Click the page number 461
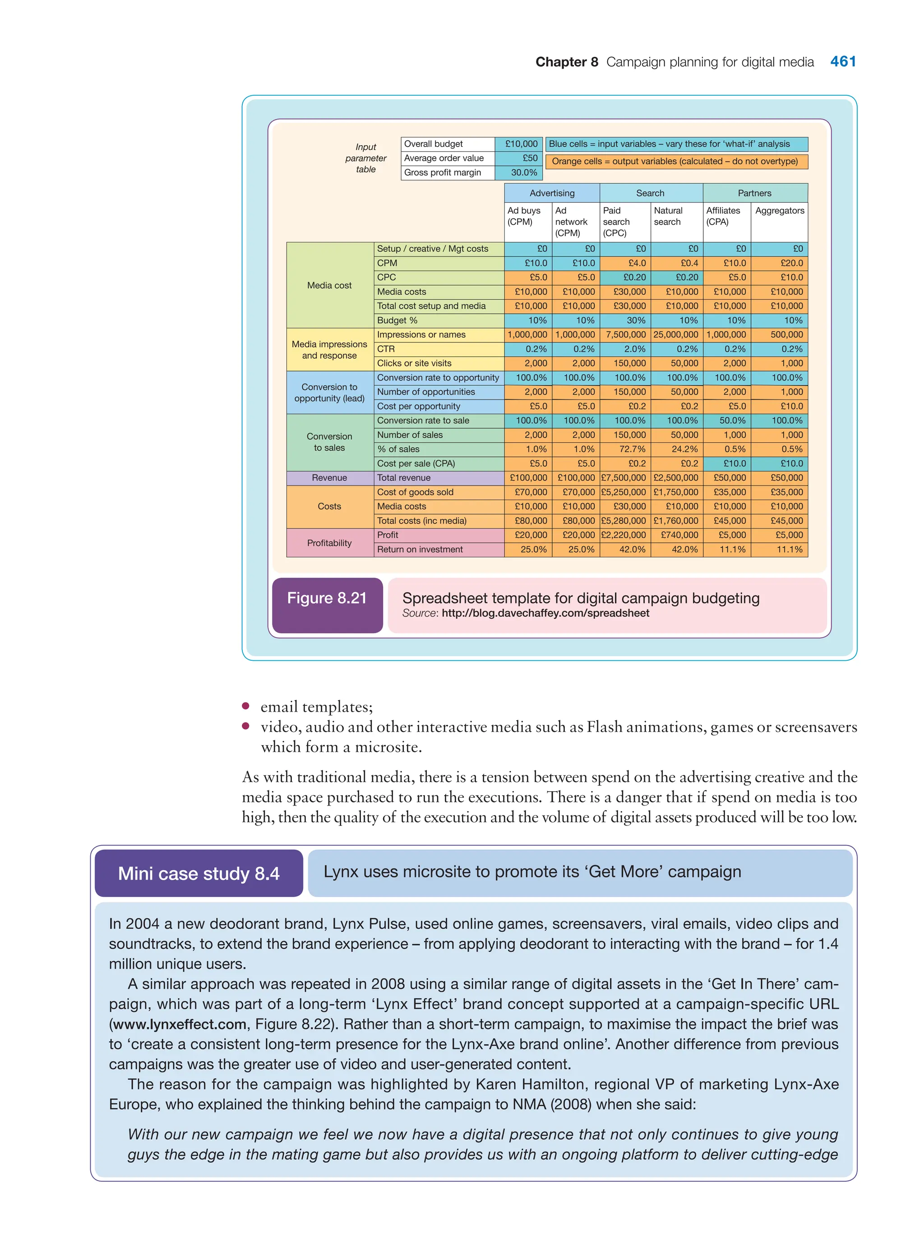[842, 61]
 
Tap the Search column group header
[650, 193]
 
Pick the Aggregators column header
[779, 210]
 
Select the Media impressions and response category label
[329, 350]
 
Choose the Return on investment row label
[420, 549]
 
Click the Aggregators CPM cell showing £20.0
[791, 263]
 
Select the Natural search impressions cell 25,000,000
[676, 334]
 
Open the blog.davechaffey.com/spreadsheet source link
[545, 613]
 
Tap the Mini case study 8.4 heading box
[199, 873]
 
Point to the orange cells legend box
[676, 161]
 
